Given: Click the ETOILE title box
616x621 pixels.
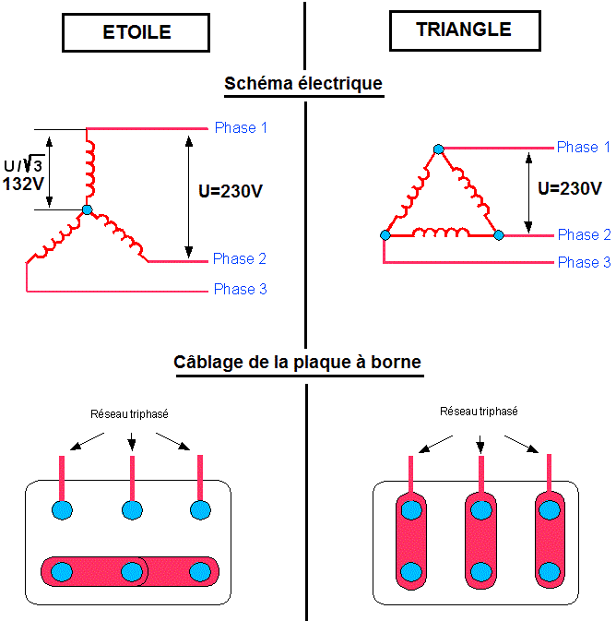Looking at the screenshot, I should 136,32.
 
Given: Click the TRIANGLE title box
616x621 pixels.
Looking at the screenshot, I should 464,30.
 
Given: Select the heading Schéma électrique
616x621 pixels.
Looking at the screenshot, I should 303,83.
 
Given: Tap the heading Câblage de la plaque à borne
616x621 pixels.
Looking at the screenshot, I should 297,362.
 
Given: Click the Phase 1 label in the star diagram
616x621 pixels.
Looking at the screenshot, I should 241,127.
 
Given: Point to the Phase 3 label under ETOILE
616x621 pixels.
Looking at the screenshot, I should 240,289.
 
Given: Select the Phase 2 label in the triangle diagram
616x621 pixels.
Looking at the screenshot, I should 584,234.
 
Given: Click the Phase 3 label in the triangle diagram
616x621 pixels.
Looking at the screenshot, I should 584,262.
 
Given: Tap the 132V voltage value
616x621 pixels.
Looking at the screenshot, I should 25,184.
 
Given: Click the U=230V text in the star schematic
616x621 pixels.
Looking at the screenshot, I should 231,193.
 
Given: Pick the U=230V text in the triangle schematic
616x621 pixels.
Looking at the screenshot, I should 570,188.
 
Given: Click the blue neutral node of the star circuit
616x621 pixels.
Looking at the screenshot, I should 87,210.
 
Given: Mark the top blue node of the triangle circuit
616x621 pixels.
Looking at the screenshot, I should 439,149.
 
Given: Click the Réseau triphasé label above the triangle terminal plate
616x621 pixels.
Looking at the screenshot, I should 479,412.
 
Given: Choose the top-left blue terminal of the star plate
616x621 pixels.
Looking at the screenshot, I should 62,508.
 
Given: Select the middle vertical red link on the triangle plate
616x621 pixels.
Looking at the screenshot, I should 480,540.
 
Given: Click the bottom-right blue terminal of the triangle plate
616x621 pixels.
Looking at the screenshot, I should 549,570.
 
